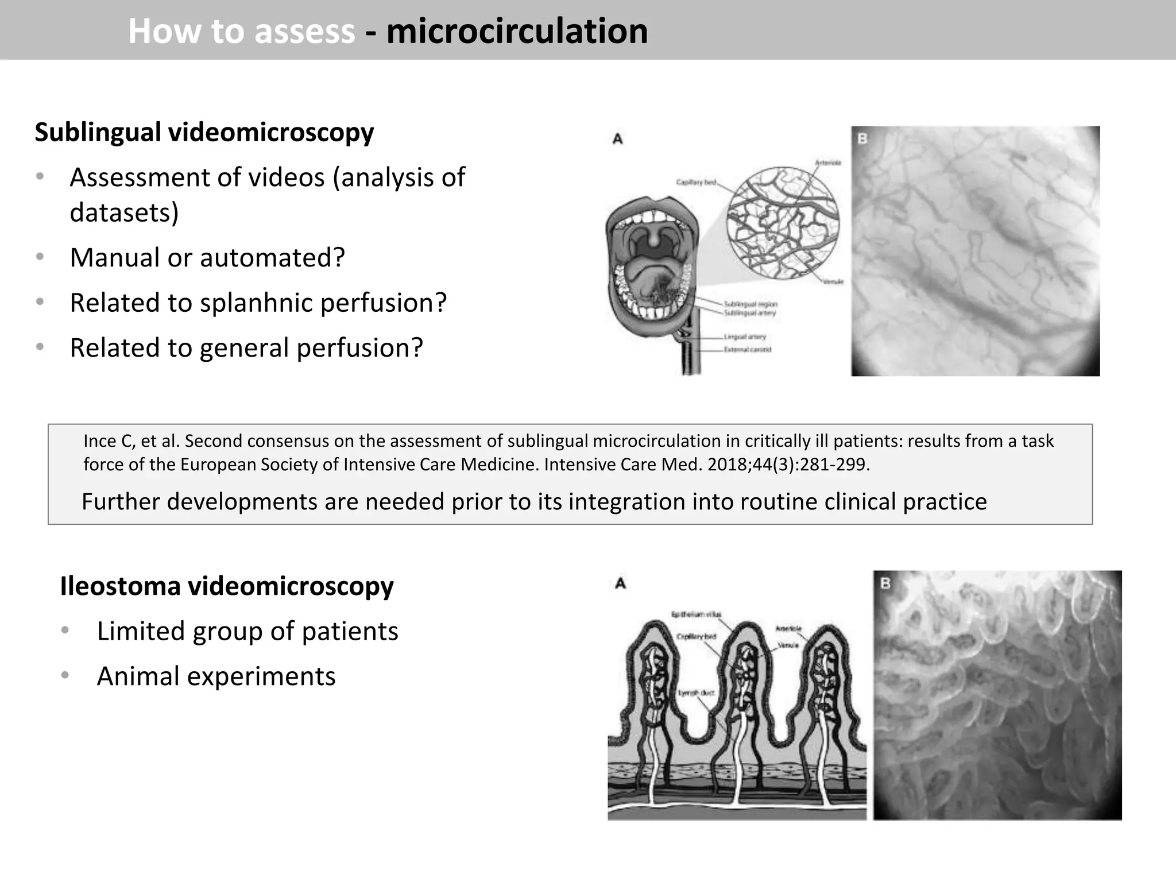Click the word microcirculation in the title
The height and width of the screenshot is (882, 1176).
[x=517, y=31]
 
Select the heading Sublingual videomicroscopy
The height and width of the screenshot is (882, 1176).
[x=204, y=132]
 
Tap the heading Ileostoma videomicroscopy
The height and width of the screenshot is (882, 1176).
[x=227, y=586]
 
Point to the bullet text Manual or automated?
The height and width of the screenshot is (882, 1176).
[x=207, y=257]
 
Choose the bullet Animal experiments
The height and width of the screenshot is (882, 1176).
[x=216, y=676]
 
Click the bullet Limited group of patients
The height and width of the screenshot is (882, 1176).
[x=247, y=631]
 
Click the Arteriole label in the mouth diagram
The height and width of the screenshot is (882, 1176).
[x=828, y=163]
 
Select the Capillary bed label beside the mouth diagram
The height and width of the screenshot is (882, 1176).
[x=696, y=183]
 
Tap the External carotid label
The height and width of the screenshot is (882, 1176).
[x=747, y=350]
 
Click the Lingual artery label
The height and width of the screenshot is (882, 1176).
[x=745, y=337]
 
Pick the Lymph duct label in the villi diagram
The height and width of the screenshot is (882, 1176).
[x=696, y=693]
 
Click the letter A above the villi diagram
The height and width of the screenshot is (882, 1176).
[x=620, y=583]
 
